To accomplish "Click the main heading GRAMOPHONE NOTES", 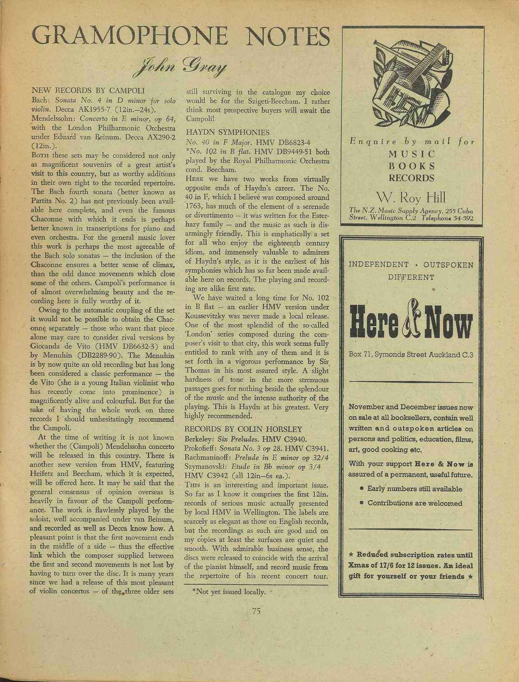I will click(x=180, y=37).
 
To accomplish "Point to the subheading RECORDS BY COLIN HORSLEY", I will click(x=244, y=429).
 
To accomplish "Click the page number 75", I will click(x=256, y=611).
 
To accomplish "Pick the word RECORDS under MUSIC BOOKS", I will click(x=412, y=178).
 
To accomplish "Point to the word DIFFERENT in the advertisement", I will click(x=411, y=278).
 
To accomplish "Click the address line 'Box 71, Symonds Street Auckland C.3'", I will click(x=411, y=355).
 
